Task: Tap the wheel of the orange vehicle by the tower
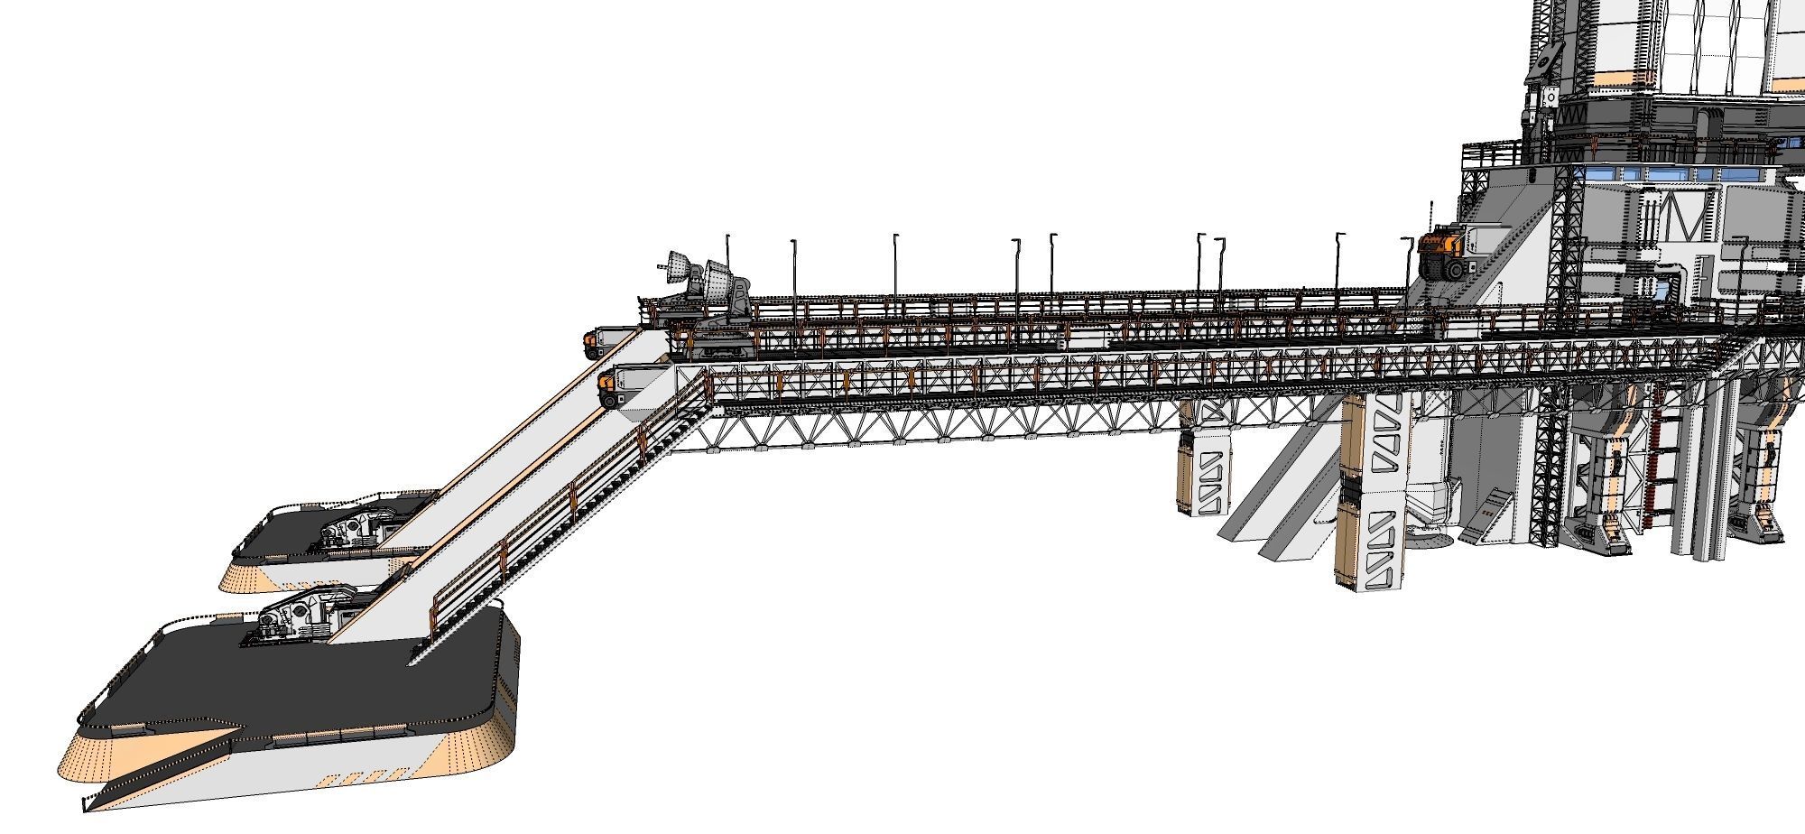click(x=1455, y=268)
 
